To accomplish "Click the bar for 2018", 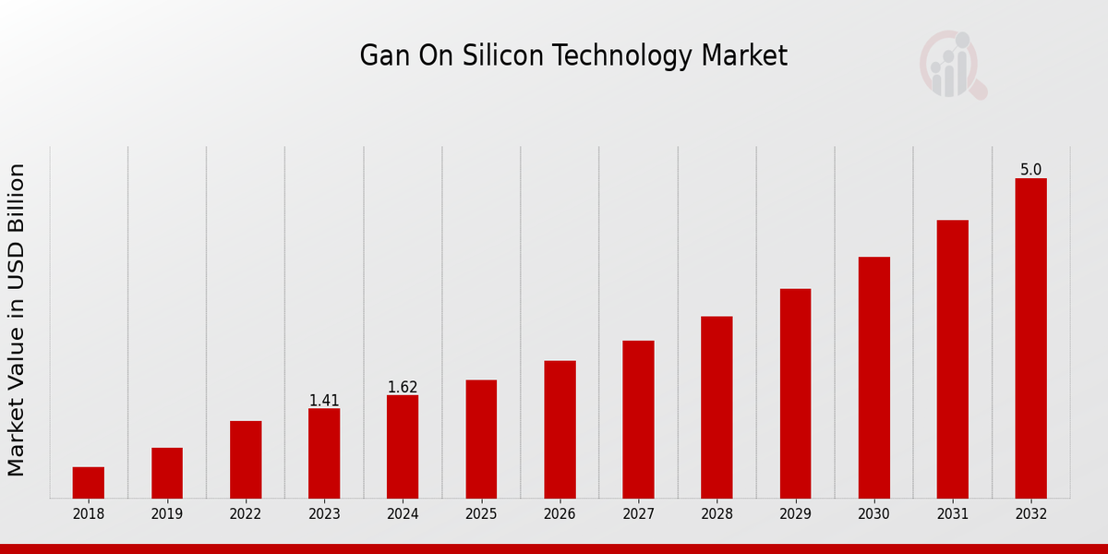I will pyautogui.click(x=89, y=483).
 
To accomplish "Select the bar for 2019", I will pyautogui.click(x=167, y=473).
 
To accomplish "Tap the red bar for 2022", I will pyautogui.click(x=246, y=460).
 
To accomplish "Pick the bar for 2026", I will pyautogui.click(x=560, y=429).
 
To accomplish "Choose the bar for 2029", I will pyautogui.click(x=795, y=393).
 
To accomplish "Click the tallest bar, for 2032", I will pyautogui.click(x=1030, y=338).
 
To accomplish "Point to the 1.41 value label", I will pyautogui.click(x=324, y=401).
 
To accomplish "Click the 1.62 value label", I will pyautogui.click(x=403, y=387).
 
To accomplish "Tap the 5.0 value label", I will pyautogui.click(x=1030, y=170).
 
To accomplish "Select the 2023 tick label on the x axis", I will pyautogui.click(x=324, y=514).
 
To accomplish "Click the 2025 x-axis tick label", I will pyautogui.click(x=481, y=514).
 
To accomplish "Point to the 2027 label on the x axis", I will pyautogui.click(x=638, y=514).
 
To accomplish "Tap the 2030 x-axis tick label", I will pyautogui.click(x=873, y=514).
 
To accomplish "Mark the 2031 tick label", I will pyautogui.click(x=952, y=514).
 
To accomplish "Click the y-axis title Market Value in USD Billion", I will pyautogui.click(x=17, y=319).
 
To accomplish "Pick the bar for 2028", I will pyautogui.click(x=717, y=407).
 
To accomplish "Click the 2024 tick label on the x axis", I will pyautogui.click(x=403, y=514).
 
